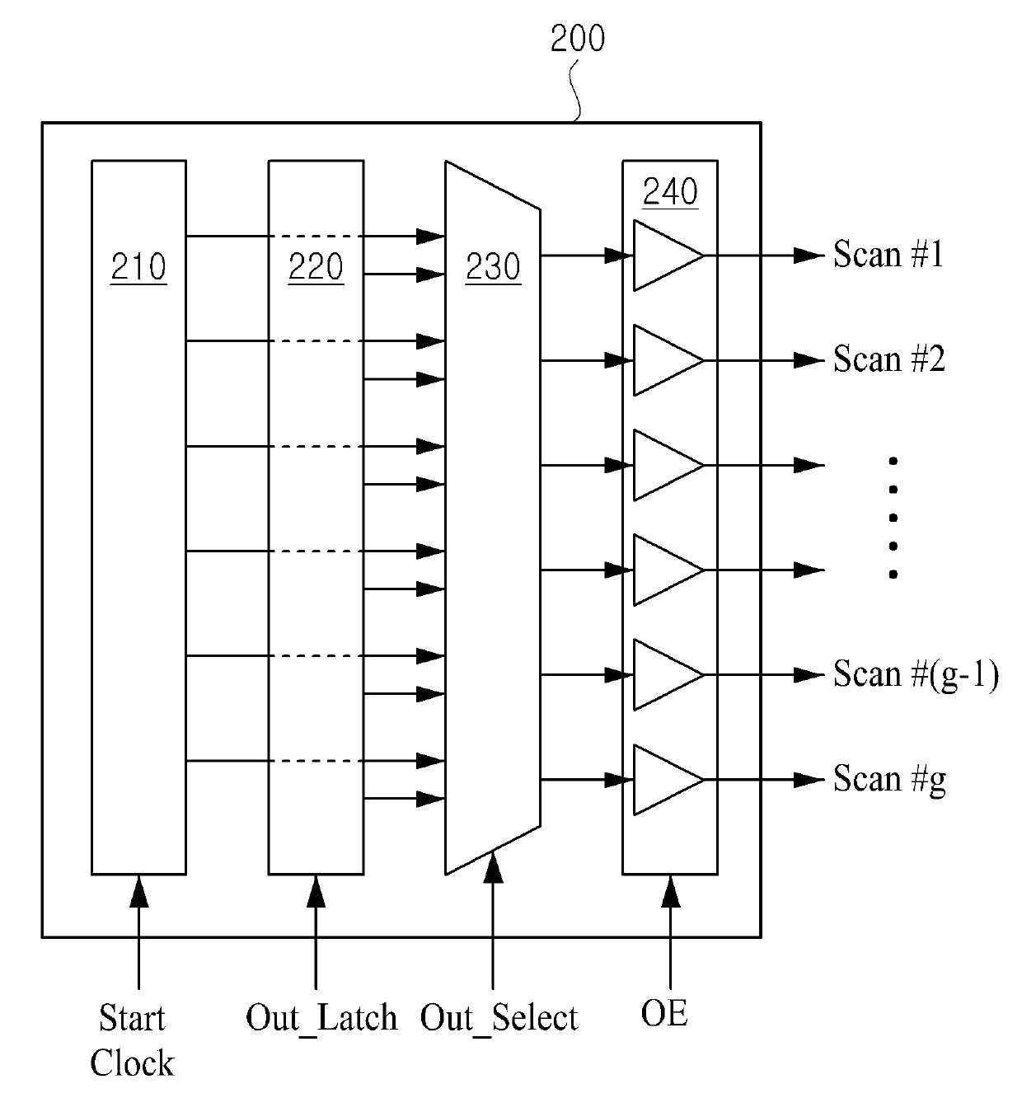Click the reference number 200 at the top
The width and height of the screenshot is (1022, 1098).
coord(577,39)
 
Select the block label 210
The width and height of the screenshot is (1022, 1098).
coord(138,267)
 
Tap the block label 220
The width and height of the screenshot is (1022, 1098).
coord(316,267)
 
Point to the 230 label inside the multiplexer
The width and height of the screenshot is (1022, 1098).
coord(493,267)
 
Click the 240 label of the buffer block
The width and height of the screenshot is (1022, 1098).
coord(670,192)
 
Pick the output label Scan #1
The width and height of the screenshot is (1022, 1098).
coord(888,255)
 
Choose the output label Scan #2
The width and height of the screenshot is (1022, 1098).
coord(888,359)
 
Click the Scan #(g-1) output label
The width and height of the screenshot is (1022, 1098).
coord(915,674)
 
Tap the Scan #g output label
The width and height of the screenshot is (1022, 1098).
coord(889,779)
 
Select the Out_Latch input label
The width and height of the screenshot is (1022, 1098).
coord(321,1019)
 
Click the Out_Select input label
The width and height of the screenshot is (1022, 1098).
coord(499,1019)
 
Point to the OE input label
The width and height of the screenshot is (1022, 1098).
coord(664,1014)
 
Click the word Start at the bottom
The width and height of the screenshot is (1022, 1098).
coord(132,1019)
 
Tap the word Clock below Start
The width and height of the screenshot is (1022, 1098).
coord(132,1063)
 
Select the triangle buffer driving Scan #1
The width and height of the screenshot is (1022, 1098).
coord(664,256)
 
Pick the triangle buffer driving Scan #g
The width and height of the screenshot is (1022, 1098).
coord(664,780)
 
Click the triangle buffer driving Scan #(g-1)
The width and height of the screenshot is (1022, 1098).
coord(664,675)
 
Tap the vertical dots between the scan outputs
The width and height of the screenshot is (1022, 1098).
coord(893,518)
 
